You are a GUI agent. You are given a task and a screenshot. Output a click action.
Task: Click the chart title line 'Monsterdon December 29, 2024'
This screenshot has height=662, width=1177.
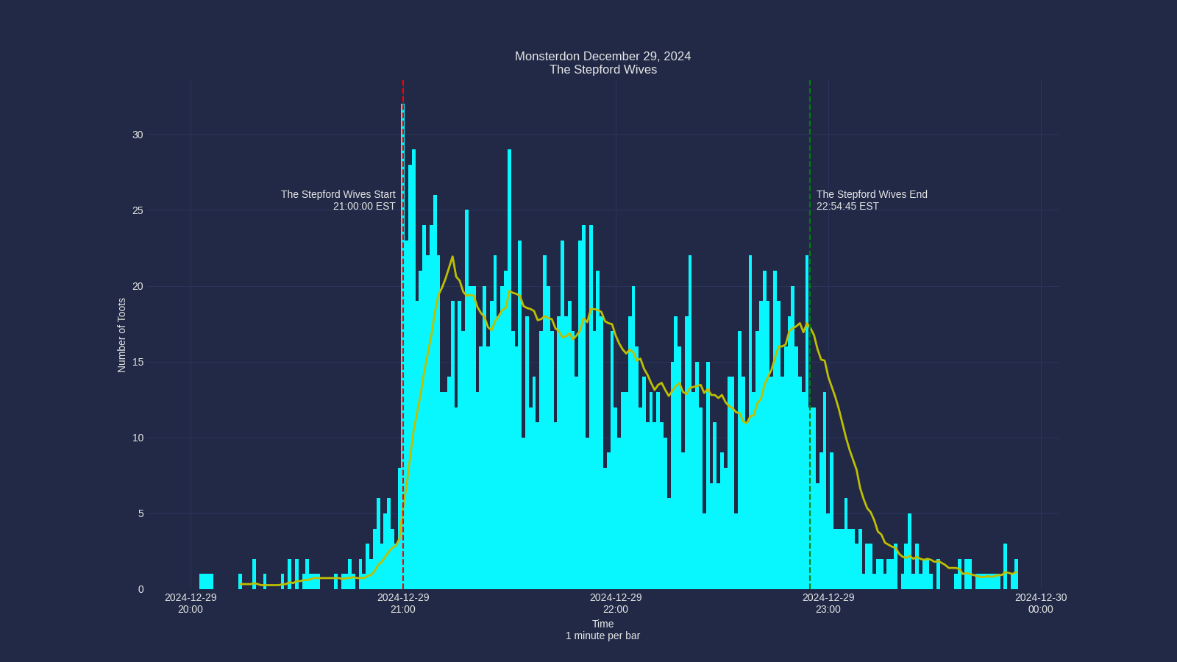point(602,57)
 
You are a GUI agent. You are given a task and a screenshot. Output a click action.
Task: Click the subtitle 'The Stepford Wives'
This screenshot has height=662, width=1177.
point(602,70)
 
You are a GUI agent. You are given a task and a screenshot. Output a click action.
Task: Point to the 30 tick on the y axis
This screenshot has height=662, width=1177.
point(138,135)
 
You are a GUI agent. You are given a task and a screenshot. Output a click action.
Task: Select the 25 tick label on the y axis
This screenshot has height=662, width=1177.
point(138,210)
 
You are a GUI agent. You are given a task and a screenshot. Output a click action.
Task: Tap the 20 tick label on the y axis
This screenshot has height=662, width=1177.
point(138,286)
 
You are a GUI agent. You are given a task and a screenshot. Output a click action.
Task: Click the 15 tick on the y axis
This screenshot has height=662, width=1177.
point(138,362)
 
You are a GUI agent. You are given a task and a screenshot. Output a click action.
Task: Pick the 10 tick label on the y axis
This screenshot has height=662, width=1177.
point(138,438)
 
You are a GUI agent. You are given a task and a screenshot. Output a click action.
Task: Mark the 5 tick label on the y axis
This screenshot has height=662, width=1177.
point(141,513)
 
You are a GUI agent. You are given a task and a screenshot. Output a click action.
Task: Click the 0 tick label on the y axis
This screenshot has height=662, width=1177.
point(141,589)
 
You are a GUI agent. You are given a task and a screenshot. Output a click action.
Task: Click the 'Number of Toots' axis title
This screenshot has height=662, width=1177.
point(122,335)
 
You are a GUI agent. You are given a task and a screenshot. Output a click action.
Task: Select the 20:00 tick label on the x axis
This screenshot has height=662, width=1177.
point(191,603)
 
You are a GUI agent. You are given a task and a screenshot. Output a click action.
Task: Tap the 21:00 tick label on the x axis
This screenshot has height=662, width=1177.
point(403,603)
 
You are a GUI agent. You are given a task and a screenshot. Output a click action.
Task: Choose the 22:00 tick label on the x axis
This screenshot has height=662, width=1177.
point(616,603)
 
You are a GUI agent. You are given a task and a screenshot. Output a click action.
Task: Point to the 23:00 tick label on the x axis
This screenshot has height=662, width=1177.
point(828,603)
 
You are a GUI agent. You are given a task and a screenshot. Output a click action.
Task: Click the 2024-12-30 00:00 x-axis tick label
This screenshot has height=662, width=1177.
point(1040,603)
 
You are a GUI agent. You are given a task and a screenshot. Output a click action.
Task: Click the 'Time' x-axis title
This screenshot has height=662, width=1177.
point(602,624)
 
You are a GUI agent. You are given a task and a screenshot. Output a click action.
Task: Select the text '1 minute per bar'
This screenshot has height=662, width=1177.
point(602,636)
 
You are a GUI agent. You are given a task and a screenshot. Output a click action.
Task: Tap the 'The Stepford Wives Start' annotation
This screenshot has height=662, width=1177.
point(338,195)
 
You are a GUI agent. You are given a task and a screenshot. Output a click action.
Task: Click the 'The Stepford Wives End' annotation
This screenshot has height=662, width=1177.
point(872,195)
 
